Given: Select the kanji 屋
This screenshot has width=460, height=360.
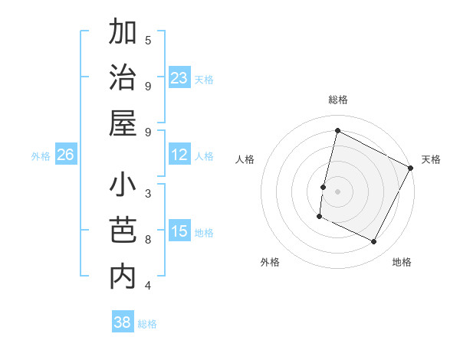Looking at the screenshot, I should [x=123, y=123].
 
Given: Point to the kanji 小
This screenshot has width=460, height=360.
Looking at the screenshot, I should [x=123, y=186].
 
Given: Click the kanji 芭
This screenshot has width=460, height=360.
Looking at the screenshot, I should [x=123, y=231].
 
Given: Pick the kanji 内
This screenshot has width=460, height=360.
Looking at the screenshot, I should [x=123, y=276].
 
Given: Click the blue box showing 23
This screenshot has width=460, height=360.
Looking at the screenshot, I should [x=179, y=77].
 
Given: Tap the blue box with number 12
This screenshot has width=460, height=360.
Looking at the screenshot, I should [x=179, y=155].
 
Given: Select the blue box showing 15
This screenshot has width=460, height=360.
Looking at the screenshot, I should [x=179, y=231].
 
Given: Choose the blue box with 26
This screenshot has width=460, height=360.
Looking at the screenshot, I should [x=66, y=155].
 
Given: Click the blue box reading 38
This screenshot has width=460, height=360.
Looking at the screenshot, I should [x=123, y=322].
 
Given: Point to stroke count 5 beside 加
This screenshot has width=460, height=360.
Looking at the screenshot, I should [x=148, y=41].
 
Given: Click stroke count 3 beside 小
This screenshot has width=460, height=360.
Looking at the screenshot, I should [x=148, y=193].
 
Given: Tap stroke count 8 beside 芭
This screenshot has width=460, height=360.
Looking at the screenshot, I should [x=148, y=239].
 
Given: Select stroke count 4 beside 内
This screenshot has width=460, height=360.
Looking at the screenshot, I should [x=148, y=286].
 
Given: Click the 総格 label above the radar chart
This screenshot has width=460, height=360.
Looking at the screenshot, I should [x=337, y=100].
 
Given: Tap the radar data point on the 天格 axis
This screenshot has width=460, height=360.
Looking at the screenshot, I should [x=411, y=169].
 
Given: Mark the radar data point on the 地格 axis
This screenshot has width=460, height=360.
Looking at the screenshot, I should [x=374, y=242].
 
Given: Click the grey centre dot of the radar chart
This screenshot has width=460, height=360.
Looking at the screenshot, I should [x=337, y=191].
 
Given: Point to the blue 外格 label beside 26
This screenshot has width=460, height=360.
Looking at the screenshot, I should [x=41, y=155].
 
